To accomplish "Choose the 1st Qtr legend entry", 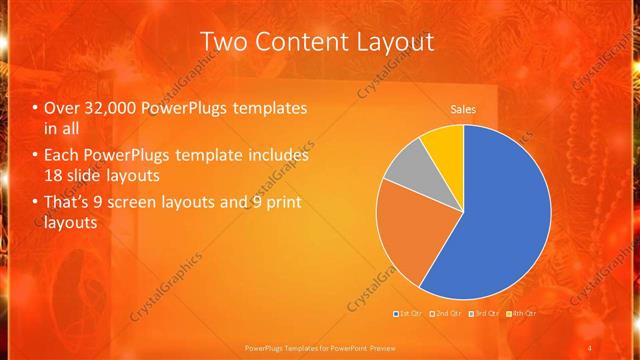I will pos(409,314).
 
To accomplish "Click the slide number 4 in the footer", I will pos(590,347).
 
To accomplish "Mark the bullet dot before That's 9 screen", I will pos(36,204).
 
